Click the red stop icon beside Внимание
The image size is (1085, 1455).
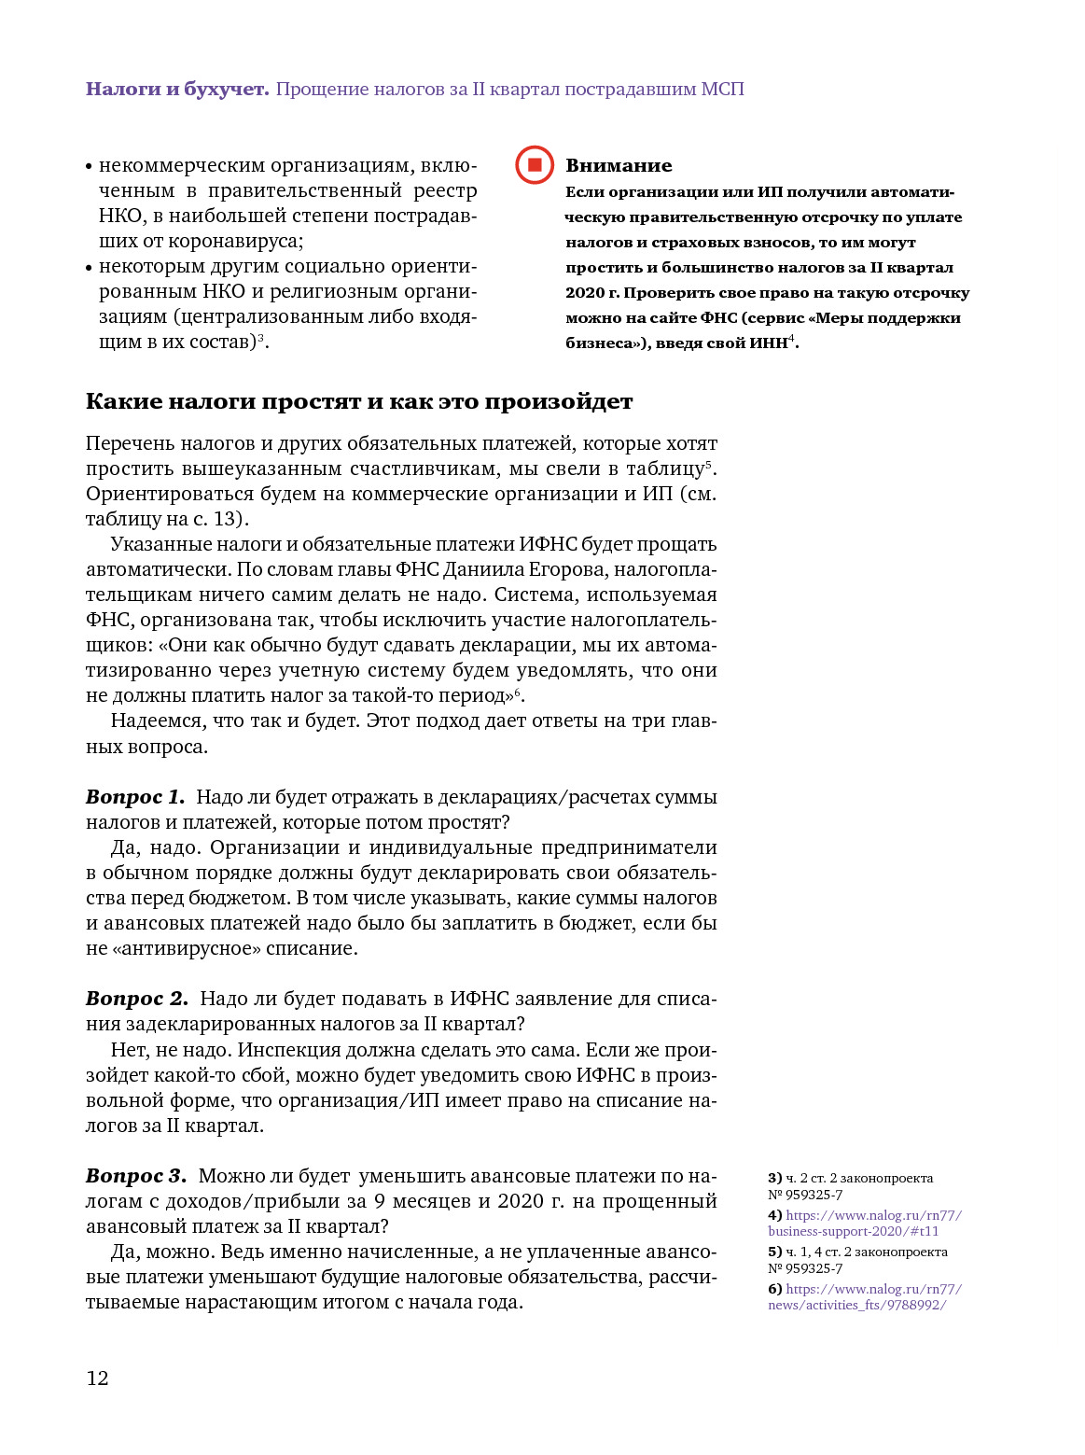coord(535,165)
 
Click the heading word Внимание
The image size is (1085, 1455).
coord(619,165)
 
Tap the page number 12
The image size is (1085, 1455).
coord(97,1378)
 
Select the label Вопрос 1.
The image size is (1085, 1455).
coord(135,797)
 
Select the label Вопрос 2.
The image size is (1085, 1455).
coord(137,999)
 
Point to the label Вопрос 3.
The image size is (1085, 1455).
coord(136,1176)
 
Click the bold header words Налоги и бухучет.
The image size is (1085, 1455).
coord(177,90)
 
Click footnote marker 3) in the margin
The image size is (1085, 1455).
coord(774,1179)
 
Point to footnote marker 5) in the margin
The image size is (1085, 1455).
coord(774,1252)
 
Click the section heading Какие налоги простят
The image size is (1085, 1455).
coord(359,402)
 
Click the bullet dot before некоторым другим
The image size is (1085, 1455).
coord(90,268)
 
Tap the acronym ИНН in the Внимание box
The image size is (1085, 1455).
coord(768,343)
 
